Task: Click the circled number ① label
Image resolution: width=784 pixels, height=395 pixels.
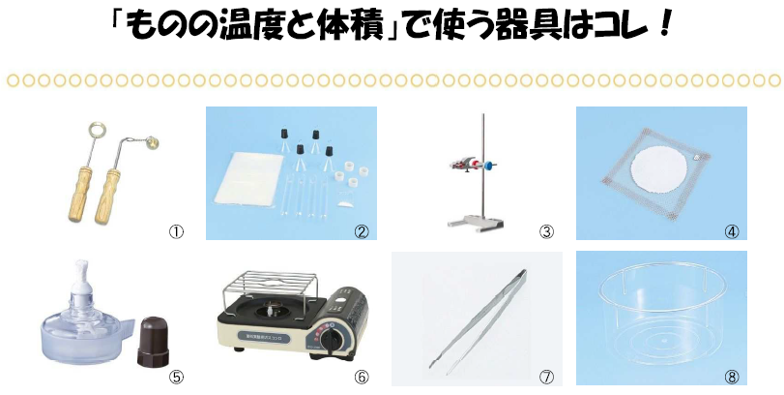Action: click(x=176, y=231)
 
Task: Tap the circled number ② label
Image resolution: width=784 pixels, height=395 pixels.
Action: click(x=361, y=231)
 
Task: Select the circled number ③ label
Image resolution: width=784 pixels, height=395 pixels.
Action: click(x=546, y=231)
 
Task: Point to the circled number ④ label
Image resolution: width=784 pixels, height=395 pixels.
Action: click(x=732, y=231)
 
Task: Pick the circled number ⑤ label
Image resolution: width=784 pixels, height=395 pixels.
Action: click(x=176, y=377)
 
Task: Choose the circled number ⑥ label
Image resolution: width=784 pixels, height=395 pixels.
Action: click(x=361, y=377)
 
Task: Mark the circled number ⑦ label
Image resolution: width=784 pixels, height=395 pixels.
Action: click(x=546, y=377)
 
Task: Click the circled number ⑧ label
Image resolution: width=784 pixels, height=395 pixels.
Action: click(x=732, y=377)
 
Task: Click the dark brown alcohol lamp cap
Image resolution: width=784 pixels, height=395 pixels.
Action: click(x=153, y=342)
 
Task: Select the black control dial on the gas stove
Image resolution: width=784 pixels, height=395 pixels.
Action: click(x=331, y=340)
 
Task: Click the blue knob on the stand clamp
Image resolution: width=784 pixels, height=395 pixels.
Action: click(x=488, y=164)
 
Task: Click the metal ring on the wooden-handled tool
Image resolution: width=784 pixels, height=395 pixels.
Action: click(x=96, y=130)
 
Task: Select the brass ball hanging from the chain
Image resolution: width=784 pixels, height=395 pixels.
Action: click(x=154, y=144)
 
